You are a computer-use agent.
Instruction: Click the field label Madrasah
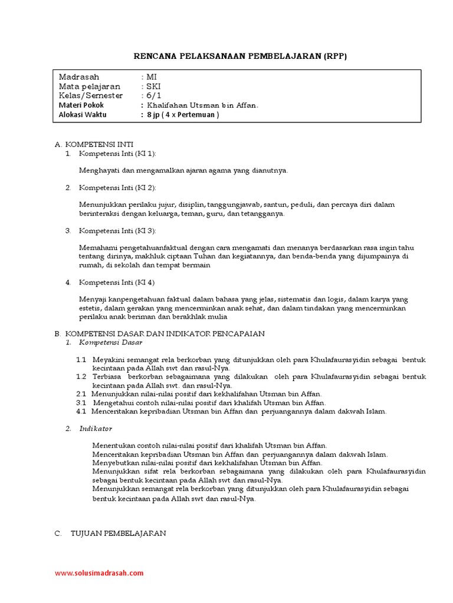80,77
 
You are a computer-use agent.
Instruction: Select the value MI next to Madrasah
152,77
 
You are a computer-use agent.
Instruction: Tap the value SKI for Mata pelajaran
153,87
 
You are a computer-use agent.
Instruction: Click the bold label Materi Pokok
81,105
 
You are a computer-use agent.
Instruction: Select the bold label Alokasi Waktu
83,115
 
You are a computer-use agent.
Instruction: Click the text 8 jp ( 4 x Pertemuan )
183,115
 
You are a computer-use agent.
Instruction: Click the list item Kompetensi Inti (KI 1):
117,153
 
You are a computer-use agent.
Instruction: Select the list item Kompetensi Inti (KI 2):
117,187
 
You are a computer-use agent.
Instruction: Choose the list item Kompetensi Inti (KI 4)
117,282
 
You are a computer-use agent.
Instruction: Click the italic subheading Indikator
96,428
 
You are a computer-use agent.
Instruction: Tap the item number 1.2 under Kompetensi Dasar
81,376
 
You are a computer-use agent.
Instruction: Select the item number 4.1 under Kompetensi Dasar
81,411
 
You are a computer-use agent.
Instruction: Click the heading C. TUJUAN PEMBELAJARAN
111,533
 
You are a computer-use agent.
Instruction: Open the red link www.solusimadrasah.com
99,572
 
